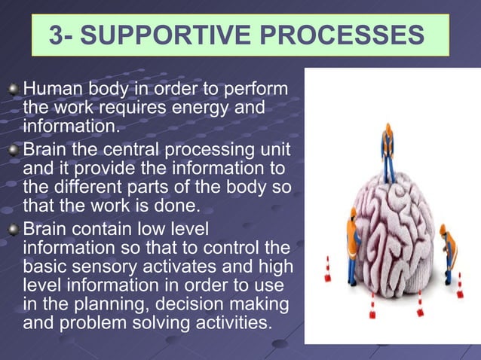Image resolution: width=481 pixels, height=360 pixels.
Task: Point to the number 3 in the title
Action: (x=55, y=35)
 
